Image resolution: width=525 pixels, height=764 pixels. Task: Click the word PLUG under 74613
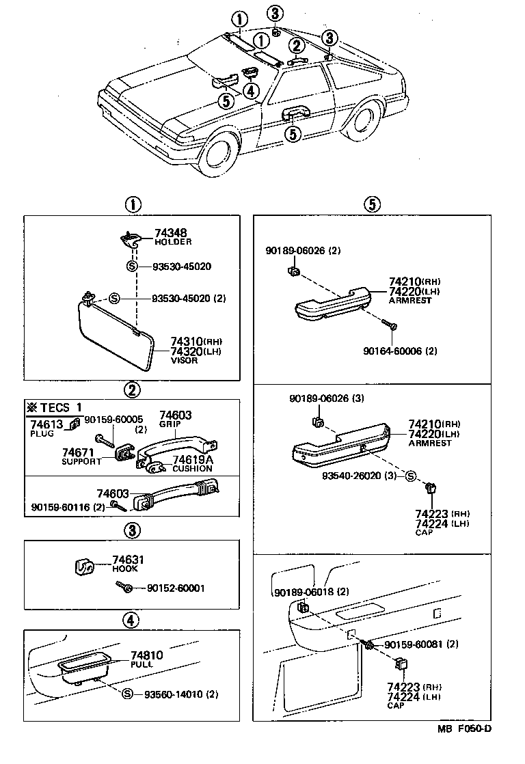pos(41,433)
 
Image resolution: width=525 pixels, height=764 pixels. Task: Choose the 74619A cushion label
pos(193,459)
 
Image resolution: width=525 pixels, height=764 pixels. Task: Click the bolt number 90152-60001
pos(175,588)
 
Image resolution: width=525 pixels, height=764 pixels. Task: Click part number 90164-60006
pos(400,351)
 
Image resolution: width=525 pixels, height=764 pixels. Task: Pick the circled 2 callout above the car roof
pos(295,46)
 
